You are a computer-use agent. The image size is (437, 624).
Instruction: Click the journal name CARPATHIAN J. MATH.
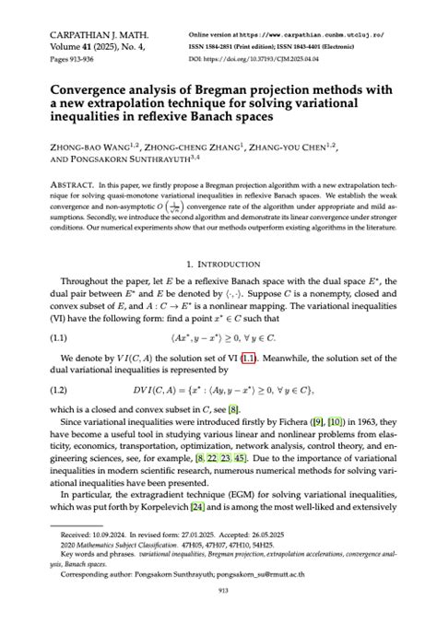tap(85, 34)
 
